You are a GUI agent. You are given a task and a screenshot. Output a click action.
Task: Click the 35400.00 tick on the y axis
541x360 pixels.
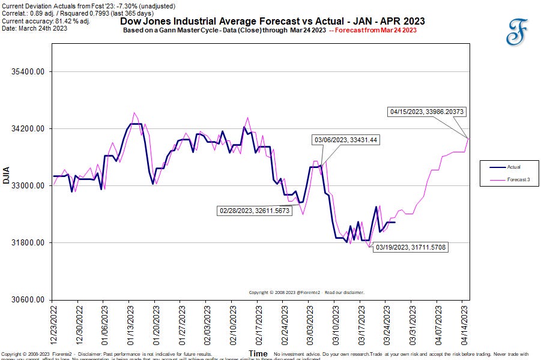[x=29, y=72]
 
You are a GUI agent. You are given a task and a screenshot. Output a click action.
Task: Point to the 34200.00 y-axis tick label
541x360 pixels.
[x=29, y=129]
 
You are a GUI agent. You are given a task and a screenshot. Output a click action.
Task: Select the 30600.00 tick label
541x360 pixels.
[x=29, y=299]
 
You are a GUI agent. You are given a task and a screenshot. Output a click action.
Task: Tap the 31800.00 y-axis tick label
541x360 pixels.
[x=29, y=243]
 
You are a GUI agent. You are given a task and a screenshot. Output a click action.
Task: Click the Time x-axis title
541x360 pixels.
[x=258, y=354]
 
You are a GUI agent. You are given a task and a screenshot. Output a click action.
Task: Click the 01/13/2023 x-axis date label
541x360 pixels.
[x=129, y=324]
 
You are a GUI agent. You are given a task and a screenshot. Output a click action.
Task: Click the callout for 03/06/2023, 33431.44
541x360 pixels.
[x=346, y=140]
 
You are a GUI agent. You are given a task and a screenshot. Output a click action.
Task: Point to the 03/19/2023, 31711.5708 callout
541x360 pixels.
[x=410, y=247]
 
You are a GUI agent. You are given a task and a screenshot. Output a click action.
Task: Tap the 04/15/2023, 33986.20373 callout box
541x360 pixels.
[x=426, y=112]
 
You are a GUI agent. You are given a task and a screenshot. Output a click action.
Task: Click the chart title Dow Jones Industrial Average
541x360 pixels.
[x=272, y=21]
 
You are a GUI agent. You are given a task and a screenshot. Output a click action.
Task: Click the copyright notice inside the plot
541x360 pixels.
[x=306, y=293]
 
